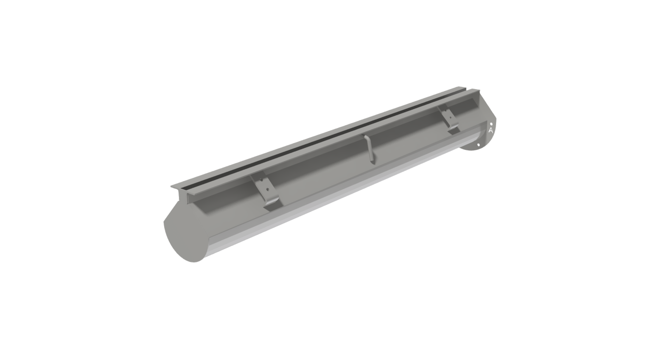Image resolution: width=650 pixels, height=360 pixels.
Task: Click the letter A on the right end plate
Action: pyautogui.click(x=491, y=131)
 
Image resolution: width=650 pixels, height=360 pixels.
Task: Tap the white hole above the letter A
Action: pyautogui.click(x=491, y=124)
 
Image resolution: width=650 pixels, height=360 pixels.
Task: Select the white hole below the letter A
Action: pyautogui.click(x=479, y=145)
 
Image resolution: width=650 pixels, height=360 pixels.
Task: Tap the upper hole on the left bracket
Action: pyautogui.click(x=261, y=180)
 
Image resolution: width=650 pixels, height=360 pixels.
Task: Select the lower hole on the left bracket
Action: pyautogui.click(x=268, y=190)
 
